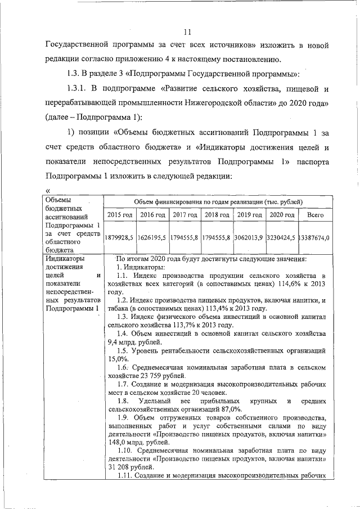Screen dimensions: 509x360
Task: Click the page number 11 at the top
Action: [188, 32]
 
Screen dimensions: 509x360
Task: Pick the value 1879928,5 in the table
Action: [119, 237]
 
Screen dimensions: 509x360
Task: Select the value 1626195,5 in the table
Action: [152, 237]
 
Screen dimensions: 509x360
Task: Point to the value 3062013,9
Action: [249, 237]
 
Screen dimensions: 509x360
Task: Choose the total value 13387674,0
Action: [314, 237]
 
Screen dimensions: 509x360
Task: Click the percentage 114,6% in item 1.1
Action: [278, 285]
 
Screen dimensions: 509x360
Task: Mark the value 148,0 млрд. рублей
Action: [138, 442]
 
